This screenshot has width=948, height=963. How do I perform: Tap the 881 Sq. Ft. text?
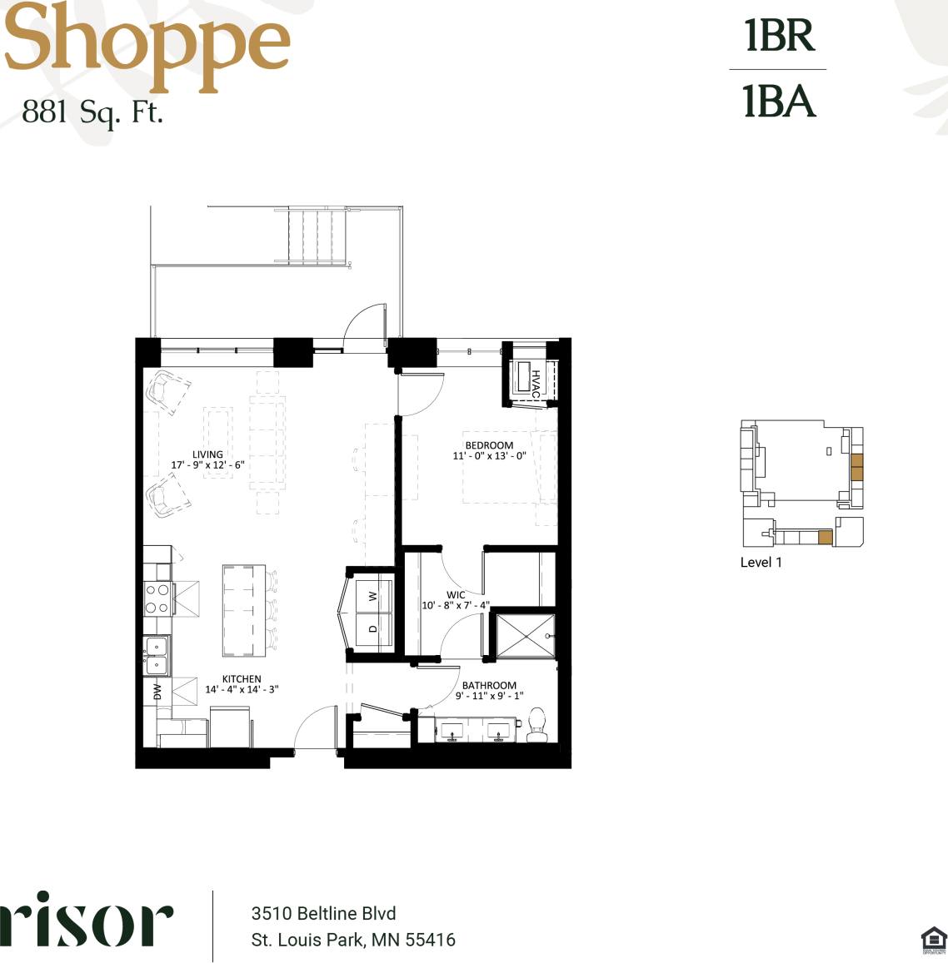coord(92,112)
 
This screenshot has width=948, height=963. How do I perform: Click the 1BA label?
coord(779,102)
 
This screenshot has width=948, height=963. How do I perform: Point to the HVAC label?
coord(535,382)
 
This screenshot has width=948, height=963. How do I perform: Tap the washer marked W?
coord(373,595)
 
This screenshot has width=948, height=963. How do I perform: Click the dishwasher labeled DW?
coord(157,692)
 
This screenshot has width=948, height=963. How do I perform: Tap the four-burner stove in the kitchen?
coord(157,598)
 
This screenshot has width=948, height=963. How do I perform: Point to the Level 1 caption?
coord(761,563)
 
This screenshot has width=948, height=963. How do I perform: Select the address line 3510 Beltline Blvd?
coord(323,913)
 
